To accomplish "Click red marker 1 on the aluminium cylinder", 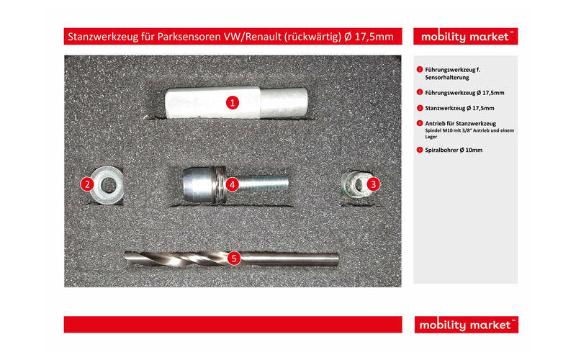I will pos(233,102).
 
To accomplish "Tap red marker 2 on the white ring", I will pos(87,184).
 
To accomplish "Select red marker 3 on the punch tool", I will pos(373,184).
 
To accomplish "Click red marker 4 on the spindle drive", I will pos(232,184).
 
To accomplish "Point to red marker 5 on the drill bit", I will pos(233,258).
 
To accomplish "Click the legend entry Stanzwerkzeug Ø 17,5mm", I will pos(459,108).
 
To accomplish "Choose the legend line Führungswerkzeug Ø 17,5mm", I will pos(464,92).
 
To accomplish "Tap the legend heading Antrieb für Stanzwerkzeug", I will pos(461,123).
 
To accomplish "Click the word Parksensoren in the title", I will pos(185,36).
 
